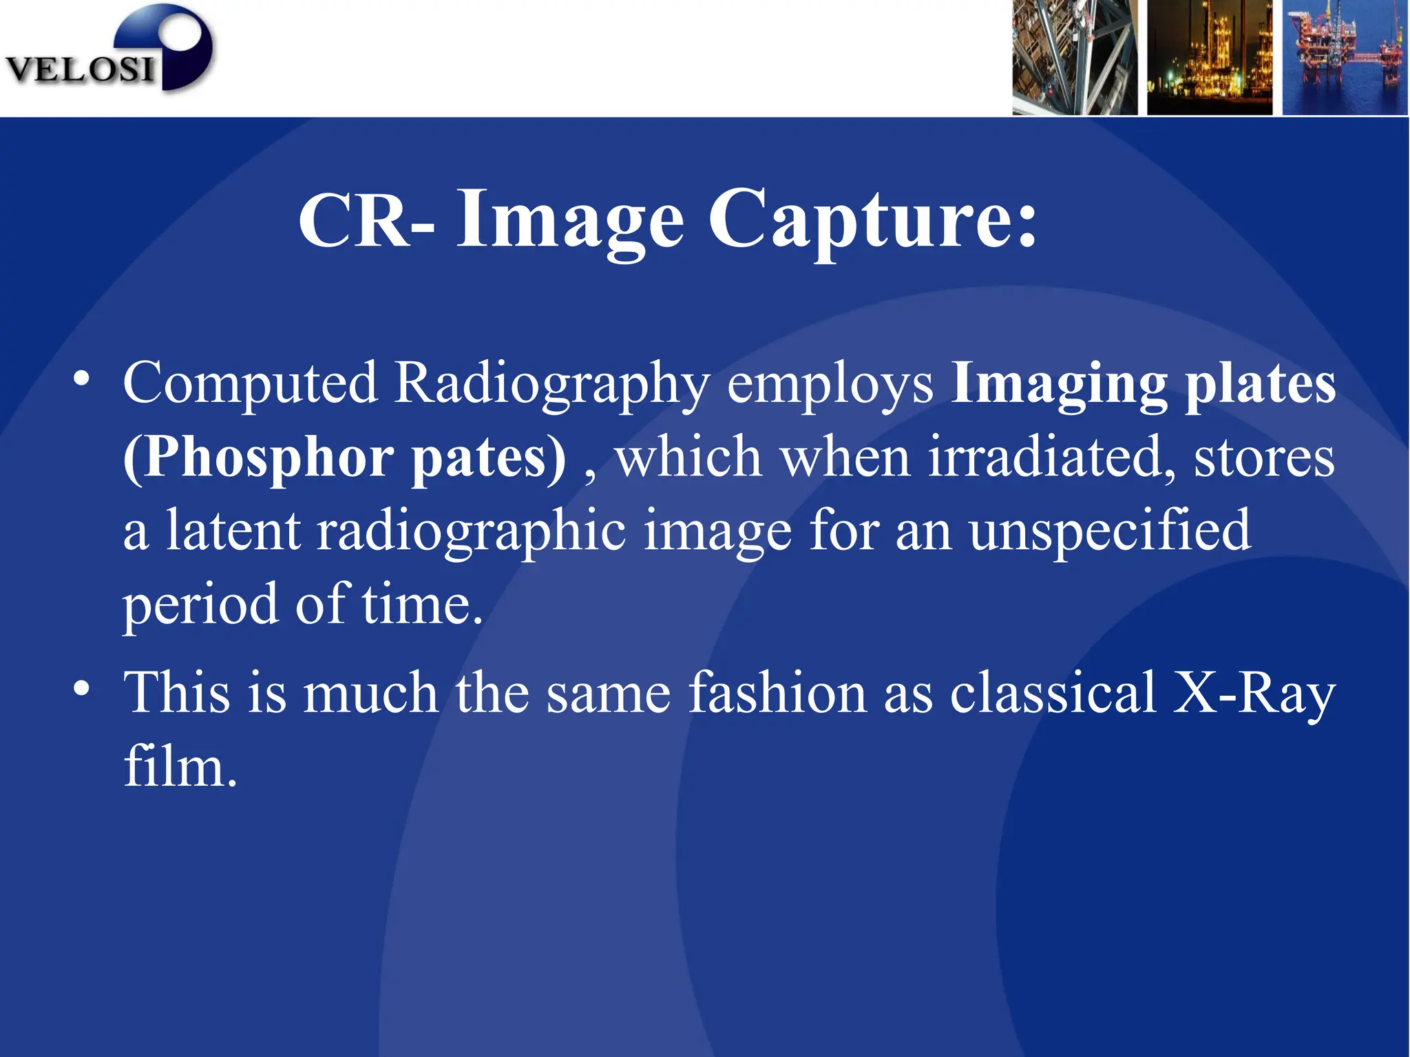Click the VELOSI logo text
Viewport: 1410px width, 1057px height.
click(79, 70)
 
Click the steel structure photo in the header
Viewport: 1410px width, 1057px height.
click(1074, 57)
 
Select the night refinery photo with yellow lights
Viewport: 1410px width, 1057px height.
click(1209, 57)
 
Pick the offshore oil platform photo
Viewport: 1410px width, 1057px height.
click(1345, 57)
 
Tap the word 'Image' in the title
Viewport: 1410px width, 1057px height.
click(570, 220)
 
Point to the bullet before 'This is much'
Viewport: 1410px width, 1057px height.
click(83, 689)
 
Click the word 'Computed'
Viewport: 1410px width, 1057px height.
click(250, 383)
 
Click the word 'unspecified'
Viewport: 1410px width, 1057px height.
click(1109, 532)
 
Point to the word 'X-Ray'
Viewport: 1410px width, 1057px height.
click(1254, 694)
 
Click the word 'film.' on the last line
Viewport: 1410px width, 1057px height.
click(180, 767)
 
